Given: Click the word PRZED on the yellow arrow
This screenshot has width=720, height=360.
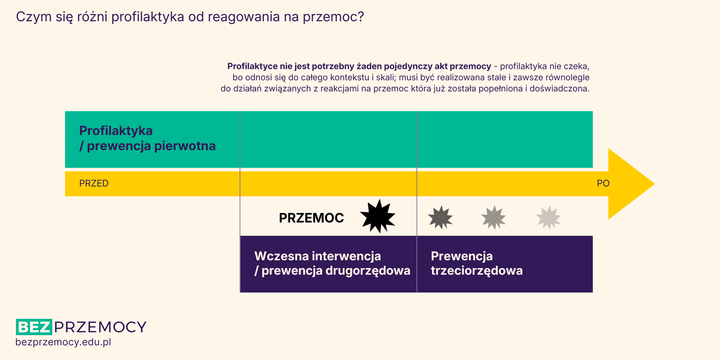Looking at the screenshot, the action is [x=94, y=183].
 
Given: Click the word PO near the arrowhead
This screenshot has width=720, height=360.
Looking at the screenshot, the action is [x=603, y=183].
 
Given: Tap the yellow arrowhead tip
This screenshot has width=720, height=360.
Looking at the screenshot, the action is [x=654, y=184].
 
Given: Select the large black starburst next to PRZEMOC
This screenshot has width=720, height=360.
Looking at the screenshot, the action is [x=378, y=216].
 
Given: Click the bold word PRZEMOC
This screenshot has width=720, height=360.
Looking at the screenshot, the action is [x=311, y=218].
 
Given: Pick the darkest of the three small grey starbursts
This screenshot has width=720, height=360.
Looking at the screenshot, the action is [x=440, y=217].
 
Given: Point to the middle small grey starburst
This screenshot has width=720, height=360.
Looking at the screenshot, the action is [x=494, y=217].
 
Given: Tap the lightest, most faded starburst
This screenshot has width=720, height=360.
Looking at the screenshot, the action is [x=548, y=217].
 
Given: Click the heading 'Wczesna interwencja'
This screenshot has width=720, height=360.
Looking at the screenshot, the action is [x=318, y=256].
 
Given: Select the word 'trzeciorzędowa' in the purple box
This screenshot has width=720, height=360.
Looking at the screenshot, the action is [x=477, y=271].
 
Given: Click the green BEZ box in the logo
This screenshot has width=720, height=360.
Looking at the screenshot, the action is [x=34, y=327].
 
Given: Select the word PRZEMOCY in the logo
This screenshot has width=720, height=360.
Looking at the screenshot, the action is [x=100, y=327].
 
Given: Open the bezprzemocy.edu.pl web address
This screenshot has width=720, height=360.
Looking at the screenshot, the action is [x=63, y=342].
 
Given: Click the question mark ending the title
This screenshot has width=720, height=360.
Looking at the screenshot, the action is [x=361, y=17].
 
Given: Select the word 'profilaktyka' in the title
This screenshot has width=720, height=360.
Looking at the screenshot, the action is [x=148, y=17].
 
